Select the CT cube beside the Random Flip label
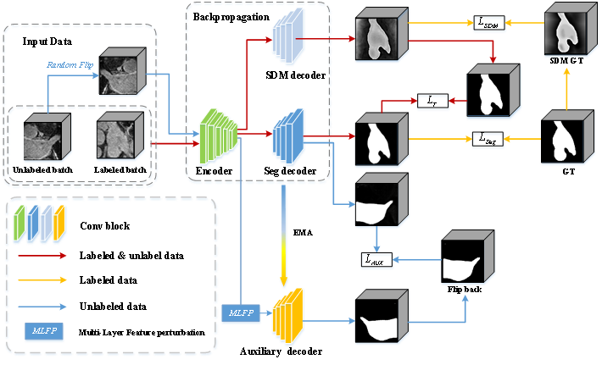pyautogui.click(x=120, y=73)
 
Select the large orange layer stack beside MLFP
pyautogui.click(x=287, y=316)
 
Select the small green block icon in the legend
pyautogui.click(x=19, y=224)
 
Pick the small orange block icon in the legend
pyautogui.click(x=59, y=224)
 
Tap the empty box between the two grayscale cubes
pyautogui.click(x=488, y=23)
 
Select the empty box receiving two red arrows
pyautogui.click(x=432, y=102)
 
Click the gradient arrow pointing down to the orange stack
pyautogui.click(x=284, y=237)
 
